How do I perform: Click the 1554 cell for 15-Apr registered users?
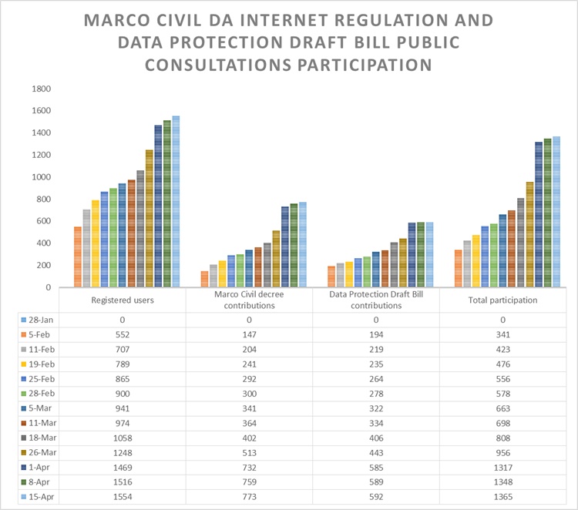pos(123,497)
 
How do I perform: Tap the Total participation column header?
pos(502,300)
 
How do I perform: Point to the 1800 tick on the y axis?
pos(41,89)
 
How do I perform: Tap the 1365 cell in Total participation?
pos(502,497)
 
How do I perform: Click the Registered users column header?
pos(123,300)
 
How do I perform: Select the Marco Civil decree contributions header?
pos(249,300)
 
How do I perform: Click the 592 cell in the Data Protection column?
pos(376,497)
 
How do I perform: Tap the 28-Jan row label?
pos(42,320)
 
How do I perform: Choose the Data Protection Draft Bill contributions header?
pos(376,300)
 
